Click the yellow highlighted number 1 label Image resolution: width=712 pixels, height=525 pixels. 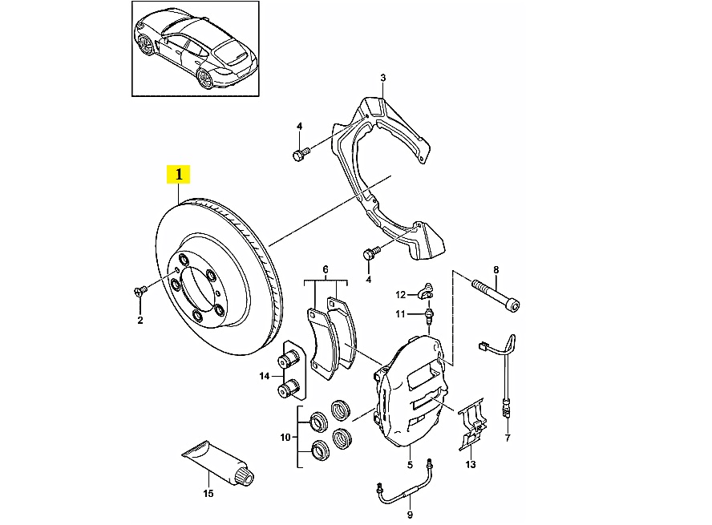point(178,174)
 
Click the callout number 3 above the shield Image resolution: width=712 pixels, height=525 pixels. point(383,78)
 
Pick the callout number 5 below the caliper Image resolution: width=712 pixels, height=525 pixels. point(409,465)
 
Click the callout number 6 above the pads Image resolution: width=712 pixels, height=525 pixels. point(326,269)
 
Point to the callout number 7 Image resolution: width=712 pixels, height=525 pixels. point(508,438)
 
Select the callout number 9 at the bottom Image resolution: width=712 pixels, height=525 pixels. point(409,515)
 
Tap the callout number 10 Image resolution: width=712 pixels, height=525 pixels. point(284,438)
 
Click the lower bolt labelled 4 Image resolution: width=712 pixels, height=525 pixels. point(370,256)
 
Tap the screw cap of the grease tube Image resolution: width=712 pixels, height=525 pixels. point(249,479)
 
